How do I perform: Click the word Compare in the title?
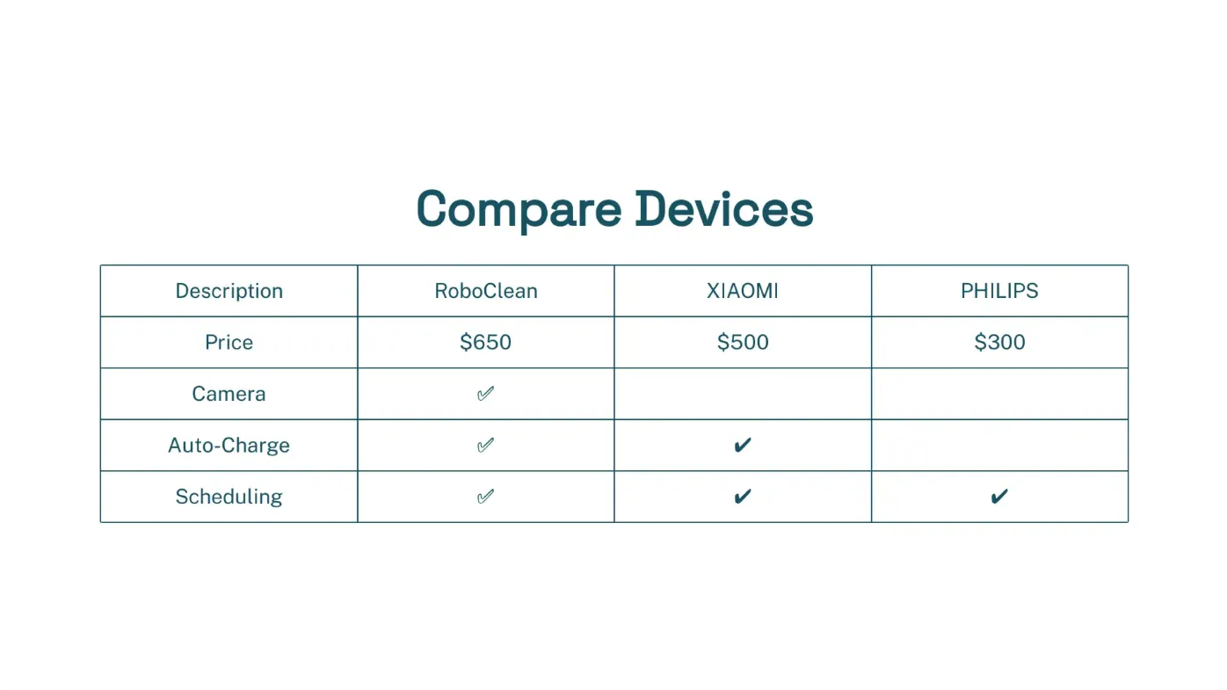(x=519, y=210)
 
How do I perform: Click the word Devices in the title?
(x=724, y=208)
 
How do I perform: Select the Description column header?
(x=229, y=291)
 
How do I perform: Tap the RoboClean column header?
(x=486, y=291)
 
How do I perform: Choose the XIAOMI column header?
(x=742, y=291)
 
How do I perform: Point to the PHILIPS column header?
(x=999, y=291)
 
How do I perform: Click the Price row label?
(x=229, y=342)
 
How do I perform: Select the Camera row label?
(x=229, y=394)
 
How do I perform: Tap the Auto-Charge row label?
(x=229, y=446)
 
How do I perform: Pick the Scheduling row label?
(x=229, y=497)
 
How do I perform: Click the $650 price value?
(x=485, y=342)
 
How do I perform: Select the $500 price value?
(x=743, y=342)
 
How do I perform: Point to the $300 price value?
(x=999, y=342)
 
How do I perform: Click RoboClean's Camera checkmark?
(x=485, y=394)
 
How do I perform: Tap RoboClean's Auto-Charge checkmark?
(x=485, y=446)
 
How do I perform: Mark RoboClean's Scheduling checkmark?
(x=485, y=497)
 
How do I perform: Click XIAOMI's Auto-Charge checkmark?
(x=742, y=446)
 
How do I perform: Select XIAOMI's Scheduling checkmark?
(x=742, y=497)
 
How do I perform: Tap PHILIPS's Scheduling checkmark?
(x=999, y=497)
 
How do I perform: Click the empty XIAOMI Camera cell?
(x=743, y=394)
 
